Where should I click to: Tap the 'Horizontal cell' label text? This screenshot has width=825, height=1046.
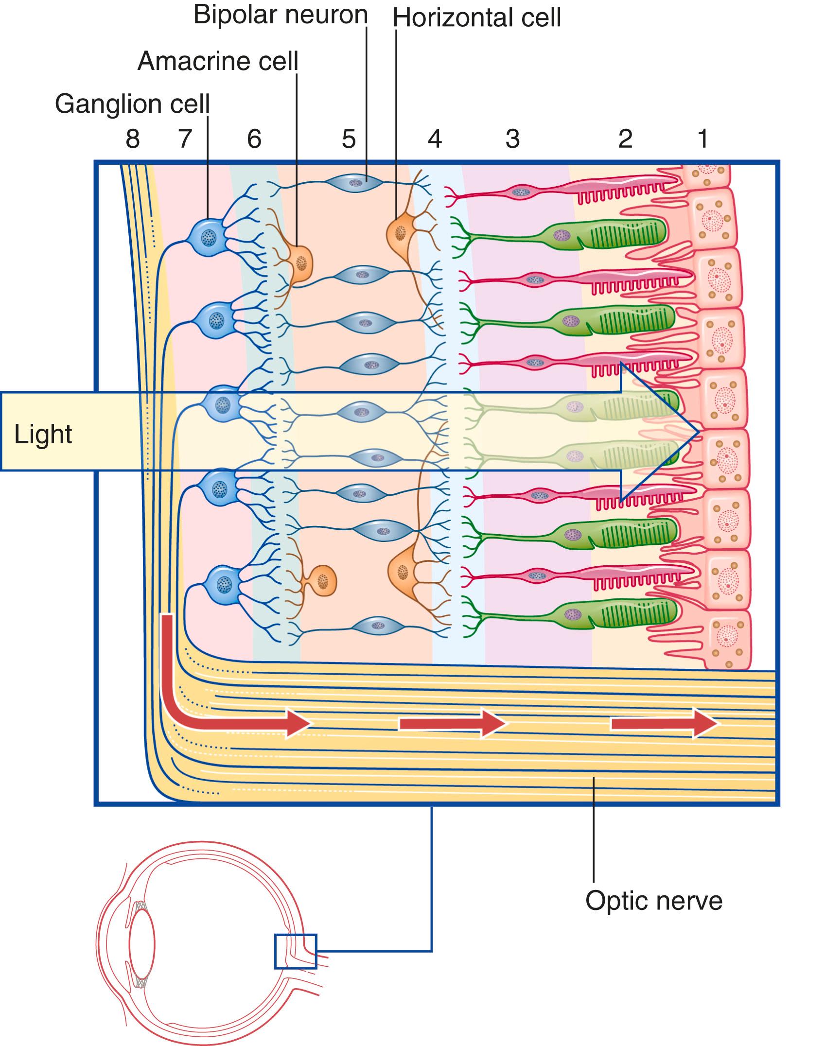click(x=477, y=18)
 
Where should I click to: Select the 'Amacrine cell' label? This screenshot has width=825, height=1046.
click(x=218, y=62)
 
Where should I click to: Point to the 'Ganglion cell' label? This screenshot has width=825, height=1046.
click(x=132, y=104)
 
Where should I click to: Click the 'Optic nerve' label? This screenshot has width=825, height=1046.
click(x=654, y=901)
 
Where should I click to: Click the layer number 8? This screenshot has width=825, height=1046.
click(x=133, y=139)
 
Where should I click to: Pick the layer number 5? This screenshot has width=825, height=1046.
click(x=349, y=139)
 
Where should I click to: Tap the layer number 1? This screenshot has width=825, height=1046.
click(x=703, y=139)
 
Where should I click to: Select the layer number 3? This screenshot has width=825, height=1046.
click(x=512, y=139)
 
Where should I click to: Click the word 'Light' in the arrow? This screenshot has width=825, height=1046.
click(x=43, y=434)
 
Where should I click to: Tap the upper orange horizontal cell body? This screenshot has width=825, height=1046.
click(x=400, y=233)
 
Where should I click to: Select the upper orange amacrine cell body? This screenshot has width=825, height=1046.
click(x=300, y=263)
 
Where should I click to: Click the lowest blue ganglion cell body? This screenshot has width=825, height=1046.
click(x=223, y=584)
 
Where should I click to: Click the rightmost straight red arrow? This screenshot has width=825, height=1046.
click(x=664, y=724)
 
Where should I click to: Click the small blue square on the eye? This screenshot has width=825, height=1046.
click(x=295, y=951)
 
